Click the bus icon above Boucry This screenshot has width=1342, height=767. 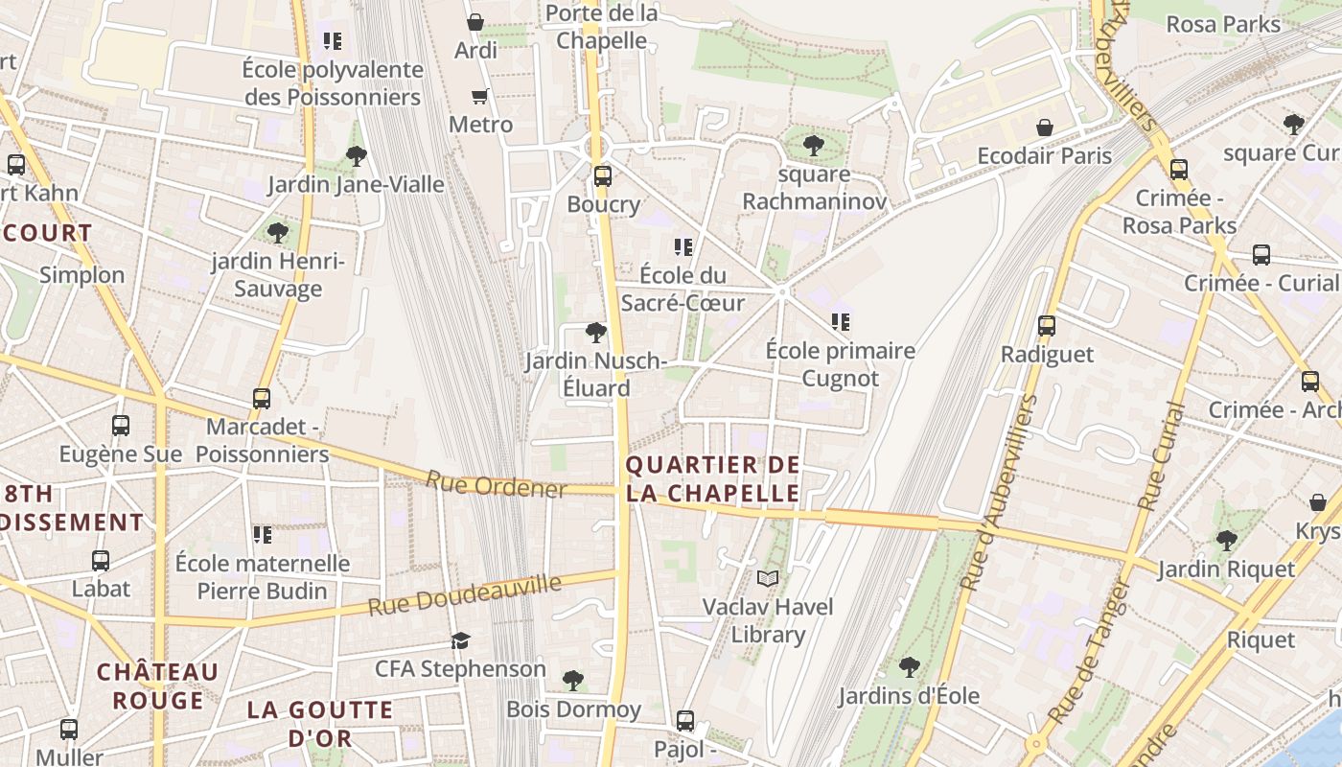tap(602, 176)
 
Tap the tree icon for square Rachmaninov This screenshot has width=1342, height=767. tap(813, 146)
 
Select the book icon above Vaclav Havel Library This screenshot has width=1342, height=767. tap(768, 578)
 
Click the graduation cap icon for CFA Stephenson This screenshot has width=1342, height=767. tap(461, 640)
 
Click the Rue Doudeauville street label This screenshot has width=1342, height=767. tap(465, 595)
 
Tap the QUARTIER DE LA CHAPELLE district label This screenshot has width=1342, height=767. tap(712, 479)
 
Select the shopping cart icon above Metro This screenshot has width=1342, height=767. tap(480, 96)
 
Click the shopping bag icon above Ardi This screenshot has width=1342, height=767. tap(474, 21)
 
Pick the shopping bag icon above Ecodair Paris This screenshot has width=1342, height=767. tap(1045, 128)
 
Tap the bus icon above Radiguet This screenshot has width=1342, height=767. tap(1047, 326)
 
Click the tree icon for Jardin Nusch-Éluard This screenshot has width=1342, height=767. tap(595, 333)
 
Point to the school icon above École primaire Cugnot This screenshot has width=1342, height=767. tap(841, 322)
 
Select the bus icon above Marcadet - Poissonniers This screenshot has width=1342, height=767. tap(262, 398)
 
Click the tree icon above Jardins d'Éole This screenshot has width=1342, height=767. tap(909, 666)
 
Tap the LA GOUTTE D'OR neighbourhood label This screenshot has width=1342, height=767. tap(320, 724)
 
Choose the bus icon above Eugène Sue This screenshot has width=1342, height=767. tap(121, 426)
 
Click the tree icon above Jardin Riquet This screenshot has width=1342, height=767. tap(1226, 541)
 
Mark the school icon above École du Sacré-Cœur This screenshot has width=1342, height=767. tap(683, 247)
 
